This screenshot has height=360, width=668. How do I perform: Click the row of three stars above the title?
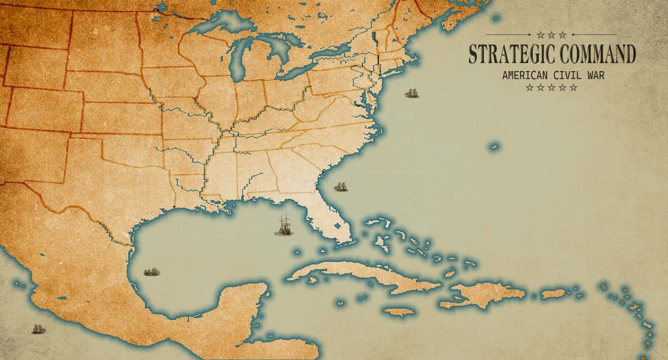point(552,35)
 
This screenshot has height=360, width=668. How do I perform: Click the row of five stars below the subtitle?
point(552,88)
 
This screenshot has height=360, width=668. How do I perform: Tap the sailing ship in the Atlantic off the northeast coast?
point(412,93)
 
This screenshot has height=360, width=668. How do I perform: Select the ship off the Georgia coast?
point(341,186)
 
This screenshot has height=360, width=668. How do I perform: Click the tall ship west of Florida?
point(285,226)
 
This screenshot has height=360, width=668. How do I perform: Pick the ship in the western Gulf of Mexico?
point(150,272)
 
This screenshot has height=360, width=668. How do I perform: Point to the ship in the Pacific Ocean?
point(38,329)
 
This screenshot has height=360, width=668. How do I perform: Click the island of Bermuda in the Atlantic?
point(494,147)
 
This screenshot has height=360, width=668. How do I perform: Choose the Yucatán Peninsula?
point(244,299)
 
